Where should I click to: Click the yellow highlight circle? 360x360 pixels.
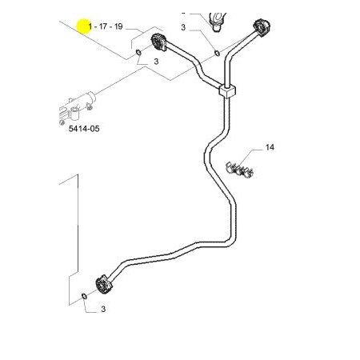(x=84, y=26)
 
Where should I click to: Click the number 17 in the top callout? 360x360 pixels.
(x=103, y=26)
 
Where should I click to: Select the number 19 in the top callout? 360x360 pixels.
(x=118, y=26)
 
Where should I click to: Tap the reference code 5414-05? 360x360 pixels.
(x=84, y=129)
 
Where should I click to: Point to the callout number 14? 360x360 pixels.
(x=270, y=147)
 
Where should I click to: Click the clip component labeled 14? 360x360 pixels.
(x=239, y=170)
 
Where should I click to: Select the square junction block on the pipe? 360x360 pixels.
(x=227, y=91)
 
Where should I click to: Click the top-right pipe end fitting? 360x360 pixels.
(x=262, y=27)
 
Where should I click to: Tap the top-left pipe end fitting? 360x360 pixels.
(x=159, y=42)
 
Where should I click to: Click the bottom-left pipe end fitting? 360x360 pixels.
(x=104, y=285)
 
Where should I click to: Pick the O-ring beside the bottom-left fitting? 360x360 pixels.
(x=83, y=296)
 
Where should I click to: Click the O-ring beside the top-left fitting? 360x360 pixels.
(x=138, y=52)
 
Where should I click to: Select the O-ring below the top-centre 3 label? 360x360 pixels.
(x=217, y=53)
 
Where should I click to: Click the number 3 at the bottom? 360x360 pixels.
(x=103, y=309)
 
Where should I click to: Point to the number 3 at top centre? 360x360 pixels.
(x=183, y=27)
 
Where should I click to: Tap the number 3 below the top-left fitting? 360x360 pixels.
(x=156, y=62)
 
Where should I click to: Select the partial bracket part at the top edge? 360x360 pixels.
(x=217, y=21)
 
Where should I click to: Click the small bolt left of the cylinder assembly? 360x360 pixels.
(x=62, y=122)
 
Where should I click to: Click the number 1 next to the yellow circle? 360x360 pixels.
(x=90, y=26)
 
